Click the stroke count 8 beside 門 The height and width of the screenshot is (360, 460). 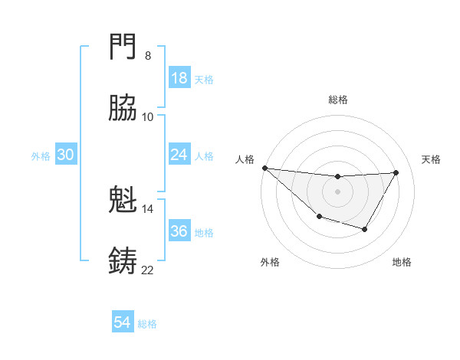click(147, 55)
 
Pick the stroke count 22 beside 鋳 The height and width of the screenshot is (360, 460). click(147, 270)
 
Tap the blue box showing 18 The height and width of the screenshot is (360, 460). click(179, 78)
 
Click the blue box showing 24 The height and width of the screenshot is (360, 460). click(179, 155)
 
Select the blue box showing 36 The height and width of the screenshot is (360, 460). click(179, 231)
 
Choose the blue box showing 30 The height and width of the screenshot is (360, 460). click(66, 155)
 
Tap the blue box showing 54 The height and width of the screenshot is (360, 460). click(123, 323)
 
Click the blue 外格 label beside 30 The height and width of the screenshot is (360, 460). click(41, 155)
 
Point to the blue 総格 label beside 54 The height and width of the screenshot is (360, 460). click(147, 324)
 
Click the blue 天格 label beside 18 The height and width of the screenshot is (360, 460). click(204, 79)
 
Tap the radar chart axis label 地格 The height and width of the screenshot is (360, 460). click(402, 263)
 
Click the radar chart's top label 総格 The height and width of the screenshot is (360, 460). click(337, 100)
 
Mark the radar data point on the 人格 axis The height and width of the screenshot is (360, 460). click(264, 168)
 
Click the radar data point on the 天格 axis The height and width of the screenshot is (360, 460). click(396, 172)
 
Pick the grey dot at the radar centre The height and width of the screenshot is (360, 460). click(337, 191)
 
